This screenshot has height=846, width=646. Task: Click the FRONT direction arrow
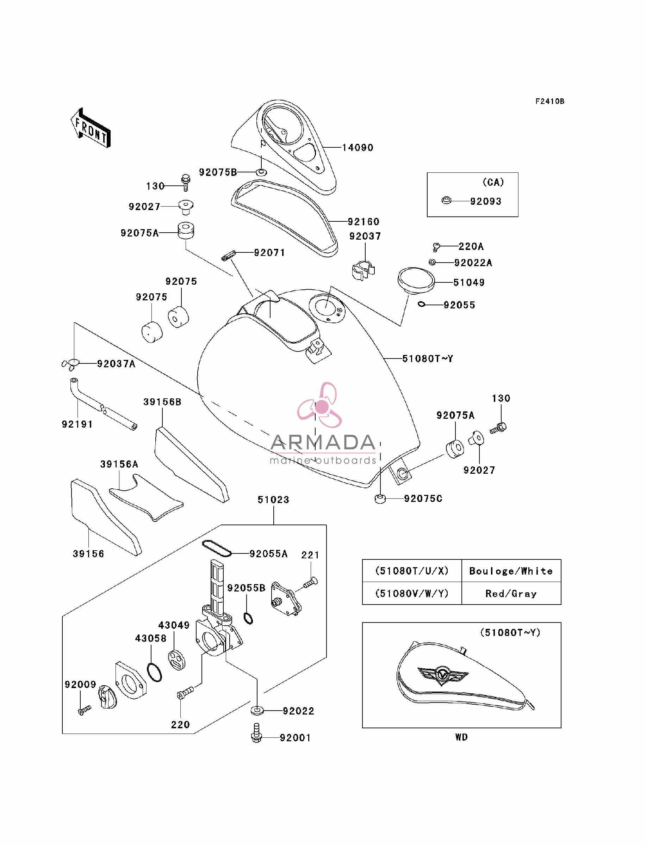91,128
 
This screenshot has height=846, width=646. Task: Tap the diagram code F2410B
550,101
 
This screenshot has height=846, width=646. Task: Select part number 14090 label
358,147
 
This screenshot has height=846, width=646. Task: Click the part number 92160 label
364,222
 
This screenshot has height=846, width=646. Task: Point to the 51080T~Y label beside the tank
428,358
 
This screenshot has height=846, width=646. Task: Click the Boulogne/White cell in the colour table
511,571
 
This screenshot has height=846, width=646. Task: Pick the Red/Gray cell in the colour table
511,594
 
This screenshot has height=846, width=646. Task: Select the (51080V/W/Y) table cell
412,594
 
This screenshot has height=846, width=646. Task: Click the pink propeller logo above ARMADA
320,405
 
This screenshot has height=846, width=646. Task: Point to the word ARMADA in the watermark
323,442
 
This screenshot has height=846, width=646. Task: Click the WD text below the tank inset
461,737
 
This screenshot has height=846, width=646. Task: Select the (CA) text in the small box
493,182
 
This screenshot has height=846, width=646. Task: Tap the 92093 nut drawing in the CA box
446,201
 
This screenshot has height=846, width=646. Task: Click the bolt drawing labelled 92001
256,733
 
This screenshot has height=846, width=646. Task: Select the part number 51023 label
273,500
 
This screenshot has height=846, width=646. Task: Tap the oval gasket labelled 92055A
217,548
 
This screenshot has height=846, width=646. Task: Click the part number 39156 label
88,554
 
